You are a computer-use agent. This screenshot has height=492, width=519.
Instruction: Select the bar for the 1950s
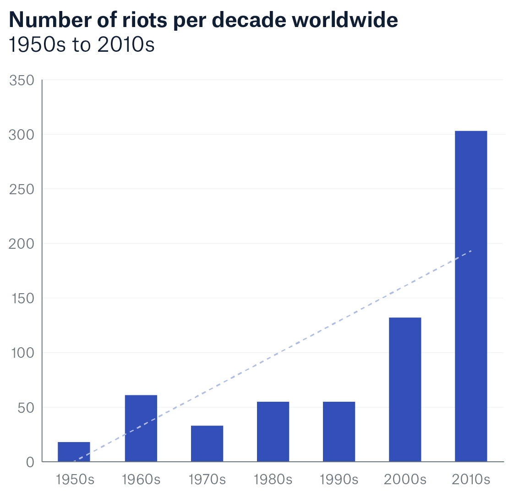coord(74,452)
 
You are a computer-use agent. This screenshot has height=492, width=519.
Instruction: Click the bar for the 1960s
coord(141,428)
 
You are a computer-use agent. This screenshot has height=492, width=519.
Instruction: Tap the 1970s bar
coord(207,443)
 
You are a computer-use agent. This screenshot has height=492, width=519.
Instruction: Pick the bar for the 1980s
coord(273,431)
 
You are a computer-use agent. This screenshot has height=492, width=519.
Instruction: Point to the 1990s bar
coord(339,431)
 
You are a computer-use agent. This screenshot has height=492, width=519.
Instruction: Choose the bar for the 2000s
coord(405,389)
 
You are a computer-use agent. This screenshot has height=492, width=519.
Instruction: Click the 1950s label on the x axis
coord(75,480)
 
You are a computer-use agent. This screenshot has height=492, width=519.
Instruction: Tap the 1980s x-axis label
coord(273,480)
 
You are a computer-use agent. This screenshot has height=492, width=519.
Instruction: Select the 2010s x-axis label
coord(471,480)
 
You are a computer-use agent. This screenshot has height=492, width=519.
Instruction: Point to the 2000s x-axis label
coord(405,480)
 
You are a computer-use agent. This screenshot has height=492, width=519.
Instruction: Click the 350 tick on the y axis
coord(22,81)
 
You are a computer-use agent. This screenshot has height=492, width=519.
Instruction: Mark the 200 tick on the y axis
coord(22,244)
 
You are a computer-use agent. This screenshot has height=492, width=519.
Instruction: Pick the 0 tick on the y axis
coord(30,462)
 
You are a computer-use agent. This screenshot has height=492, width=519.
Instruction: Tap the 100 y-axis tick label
coord(22,353)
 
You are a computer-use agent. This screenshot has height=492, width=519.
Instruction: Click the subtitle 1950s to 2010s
coord(82,45)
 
